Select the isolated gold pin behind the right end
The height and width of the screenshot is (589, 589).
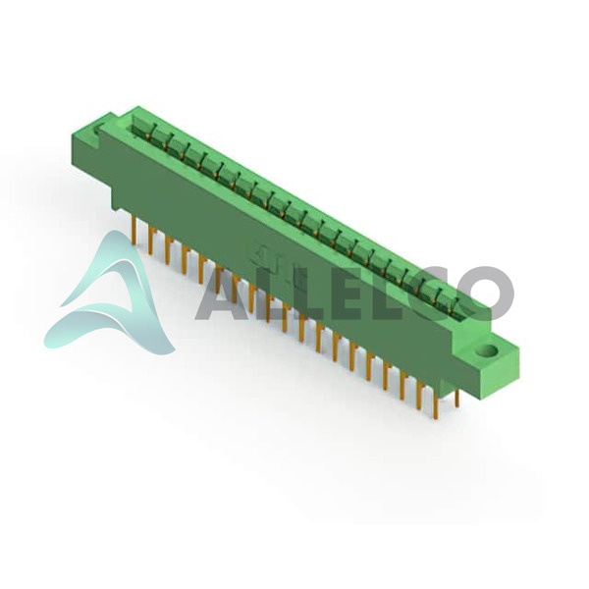(x=457, y=398)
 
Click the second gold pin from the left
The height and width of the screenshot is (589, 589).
(x=151, y=241)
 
